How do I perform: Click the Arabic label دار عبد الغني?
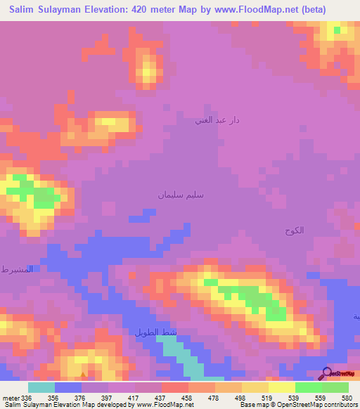(217, 120)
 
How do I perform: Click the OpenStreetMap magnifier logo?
(327, 375)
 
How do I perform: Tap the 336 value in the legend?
(27, 397)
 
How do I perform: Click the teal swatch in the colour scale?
(41, 387)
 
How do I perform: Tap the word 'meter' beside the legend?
(11, 397)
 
